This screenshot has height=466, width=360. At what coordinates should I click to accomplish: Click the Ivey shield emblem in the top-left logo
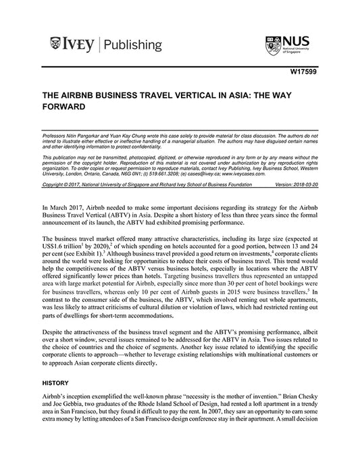[55, 46]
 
